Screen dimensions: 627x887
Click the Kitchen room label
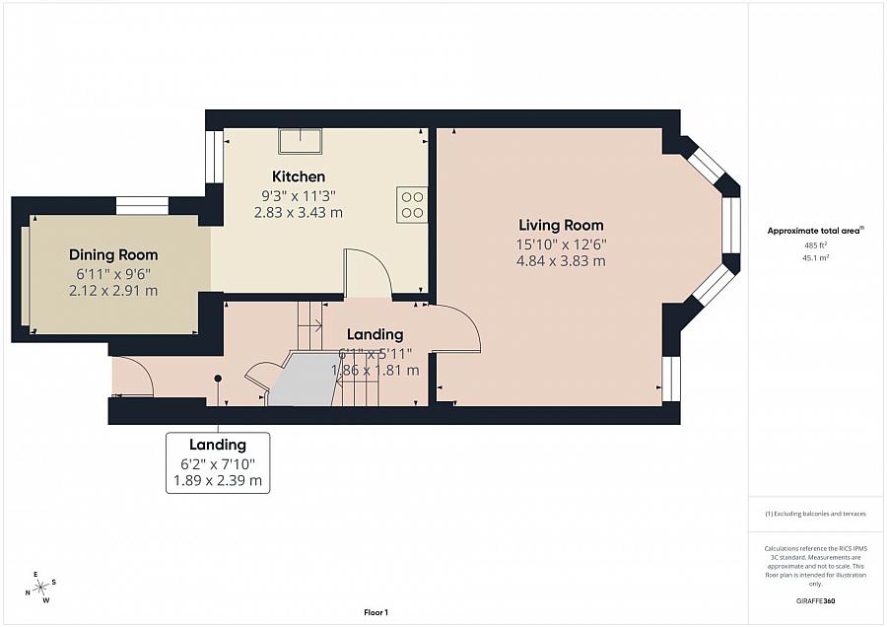point(299,176)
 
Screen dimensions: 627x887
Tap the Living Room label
point(560,225)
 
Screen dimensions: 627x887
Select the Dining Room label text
point(113,254)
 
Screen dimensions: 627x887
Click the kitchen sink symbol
point(301,142)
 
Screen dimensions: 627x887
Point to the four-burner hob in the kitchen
point(412,203)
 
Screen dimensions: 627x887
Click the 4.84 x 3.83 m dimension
point(560,261)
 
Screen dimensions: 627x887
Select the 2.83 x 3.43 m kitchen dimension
point(299,212)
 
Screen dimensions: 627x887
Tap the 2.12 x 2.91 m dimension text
point(113,291)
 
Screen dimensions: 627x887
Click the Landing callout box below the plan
point(218,461)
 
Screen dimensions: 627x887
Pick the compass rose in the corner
point(40,588)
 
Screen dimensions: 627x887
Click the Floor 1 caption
point(375,613)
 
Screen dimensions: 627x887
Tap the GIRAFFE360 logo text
point(815,600)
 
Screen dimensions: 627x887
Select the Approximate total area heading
point(814,231)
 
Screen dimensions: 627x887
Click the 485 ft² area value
point(815,244)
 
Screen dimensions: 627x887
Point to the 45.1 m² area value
point(815,257)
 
